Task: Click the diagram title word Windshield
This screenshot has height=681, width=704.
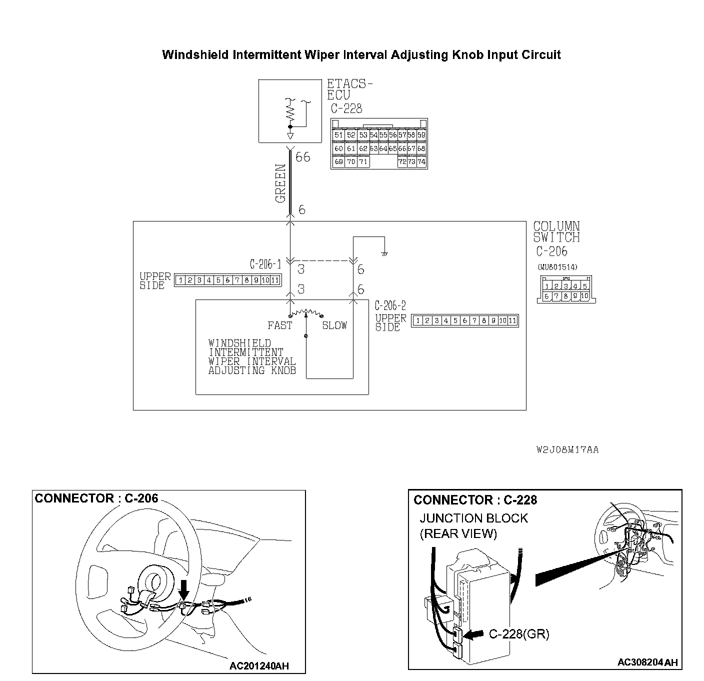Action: (x=195, y=55)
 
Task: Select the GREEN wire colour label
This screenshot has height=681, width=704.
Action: (x=280, y=183)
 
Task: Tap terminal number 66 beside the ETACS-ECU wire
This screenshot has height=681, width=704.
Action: (x=302, y=157)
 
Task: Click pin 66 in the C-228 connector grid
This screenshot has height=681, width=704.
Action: (x=402, y=148)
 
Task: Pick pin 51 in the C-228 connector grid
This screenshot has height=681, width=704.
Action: (x=338, y=135)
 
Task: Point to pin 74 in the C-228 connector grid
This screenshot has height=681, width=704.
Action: (x=421, y=162)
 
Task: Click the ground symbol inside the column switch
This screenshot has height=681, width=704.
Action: (x=384, y=253)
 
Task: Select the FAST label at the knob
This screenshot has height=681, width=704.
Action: (x=279, y=325)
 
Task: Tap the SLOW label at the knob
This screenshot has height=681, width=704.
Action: (x=334, y=325)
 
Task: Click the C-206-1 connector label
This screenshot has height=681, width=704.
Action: (x=265, y=263)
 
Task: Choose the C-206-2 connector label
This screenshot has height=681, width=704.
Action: (x=390, y=305)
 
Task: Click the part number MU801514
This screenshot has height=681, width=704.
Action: (x=557, y=267)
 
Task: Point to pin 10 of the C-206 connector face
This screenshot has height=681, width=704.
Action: (x=584, y=296)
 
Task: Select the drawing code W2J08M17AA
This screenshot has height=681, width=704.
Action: (x=567, y=449)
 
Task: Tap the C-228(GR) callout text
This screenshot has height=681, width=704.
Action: (x=518, y=634)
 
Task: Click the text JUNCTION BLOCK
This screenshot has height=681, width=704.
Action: (x=473, y=518)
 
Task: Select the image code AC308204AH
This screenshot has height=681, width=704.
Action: (x=647, y=662)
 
